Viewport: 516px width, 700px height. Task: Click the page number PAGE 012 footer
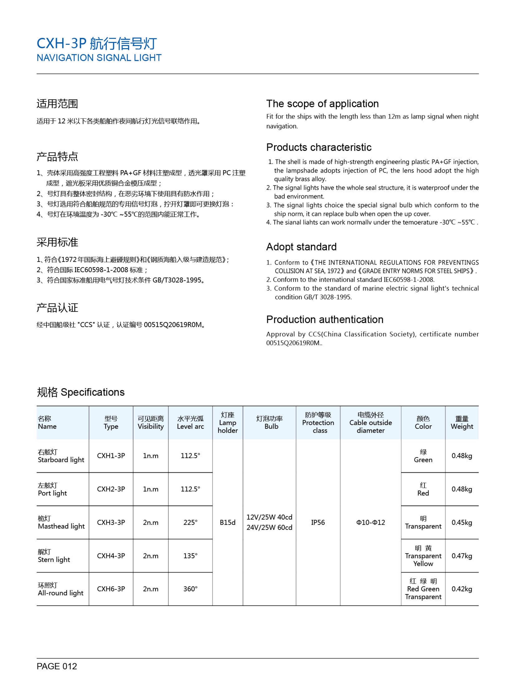[57, 666]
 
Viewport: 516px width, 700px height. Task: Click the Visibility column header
[151, 423]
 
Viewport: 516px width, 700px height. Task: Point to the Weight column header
[462, 423]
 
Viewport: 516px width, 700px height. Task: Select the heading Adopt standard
[301, 247]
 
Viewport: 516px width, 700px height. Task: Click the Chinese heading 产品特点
[57, 157]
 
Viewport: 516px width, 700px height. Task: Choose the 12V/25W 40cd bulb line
[269, 517]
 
